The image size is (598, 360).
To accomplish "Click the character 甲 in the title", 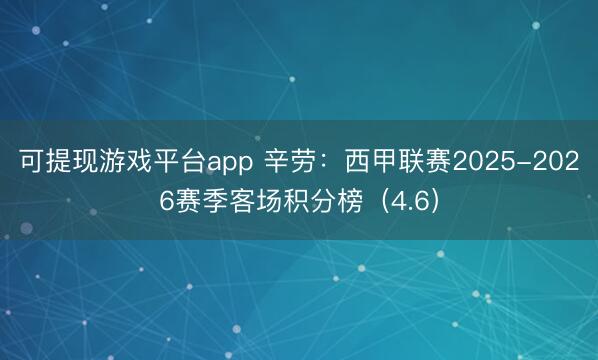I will (381, 161).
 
